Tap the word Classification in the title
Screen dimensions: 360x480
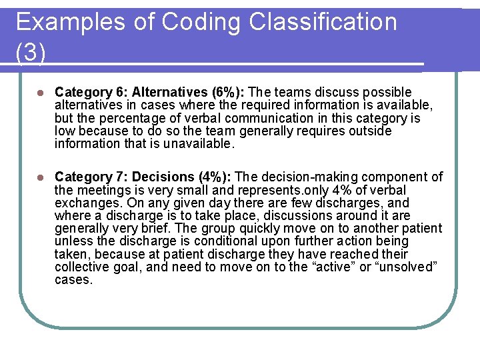point(323,22)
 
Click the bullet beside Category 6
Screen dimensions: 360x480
point(40,93)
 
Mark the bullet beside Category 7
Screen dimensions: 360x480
point(40,177)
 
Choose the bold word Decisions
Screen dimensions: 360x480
point(164,177)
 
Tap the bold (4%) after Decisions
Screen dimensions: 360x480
point(215,177)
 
